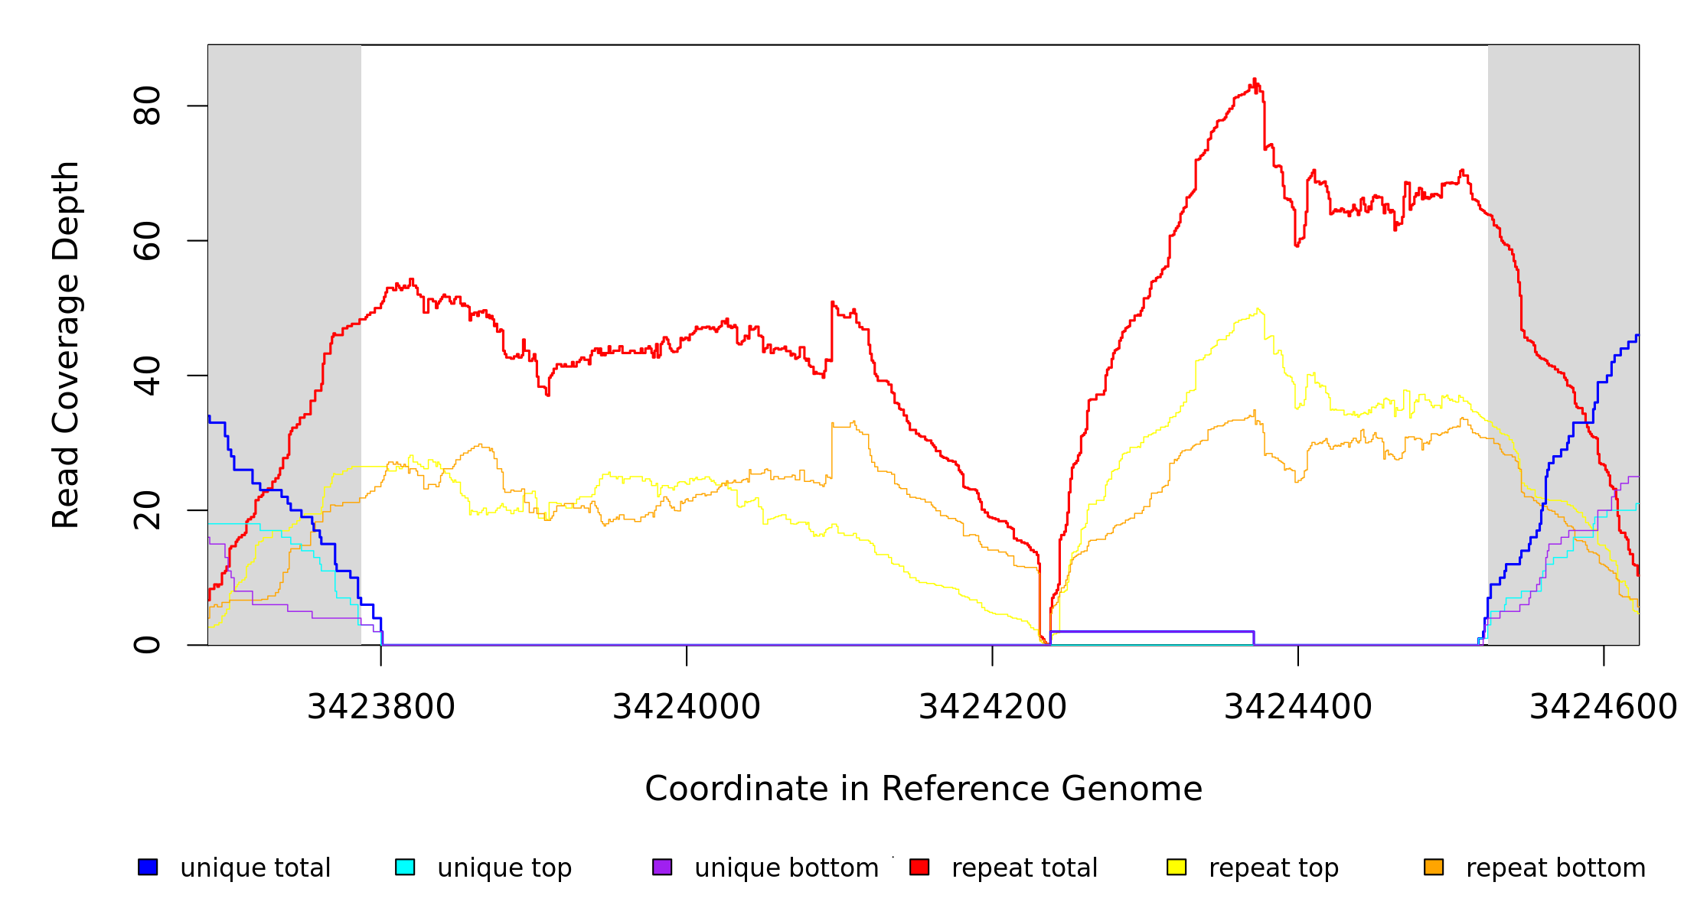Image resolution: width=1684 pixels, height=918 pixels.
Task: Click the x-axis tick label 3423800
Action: [x=380, y=707]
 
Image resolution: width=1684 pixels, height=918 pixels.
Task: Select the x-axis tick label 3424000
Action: [x=686, y=707]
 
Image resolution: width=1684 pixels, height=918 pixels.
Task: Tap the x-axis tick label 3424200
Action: [x=992, y=707]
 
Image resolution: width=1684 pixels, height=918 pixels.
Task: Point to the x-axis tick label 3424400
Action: [x=1297, y=707]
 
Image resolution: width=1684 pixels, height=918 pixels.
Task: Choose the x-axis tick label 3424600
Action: [x=1603, y=707]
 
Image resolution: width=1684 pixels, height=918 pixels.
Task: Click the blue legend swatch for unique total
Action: [x=148, y=867]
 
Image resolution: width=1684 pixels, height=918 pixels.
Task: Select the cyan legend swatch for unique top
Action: [x=405, y=867]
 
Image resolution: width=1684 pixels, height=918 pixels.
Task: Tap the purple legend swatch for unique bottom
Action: [x=662, y=867]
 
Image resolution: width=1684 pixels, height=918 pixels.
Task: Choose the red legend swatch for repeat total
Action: [x=919, y=867]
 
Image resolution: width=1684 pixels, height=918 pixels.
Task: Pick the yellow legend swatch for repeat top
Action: [x=1177, y=867]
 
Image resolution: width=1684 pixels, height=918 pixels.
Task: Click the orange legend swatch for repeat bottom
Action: [x=1434, y=867]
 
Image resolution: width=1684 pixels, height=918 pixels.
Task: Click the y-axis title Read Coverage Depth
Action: [x=66, y=344]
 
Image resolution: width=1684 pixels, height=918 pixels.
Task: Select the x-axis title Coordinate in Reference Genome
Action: [x=923, y=789]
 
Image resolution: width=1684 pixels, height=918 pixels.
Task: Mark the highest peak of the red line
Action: [x=1255, y=80]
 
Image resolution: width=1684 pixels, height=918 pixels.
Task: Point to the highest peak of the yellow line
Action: [x=1258, y=308]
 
